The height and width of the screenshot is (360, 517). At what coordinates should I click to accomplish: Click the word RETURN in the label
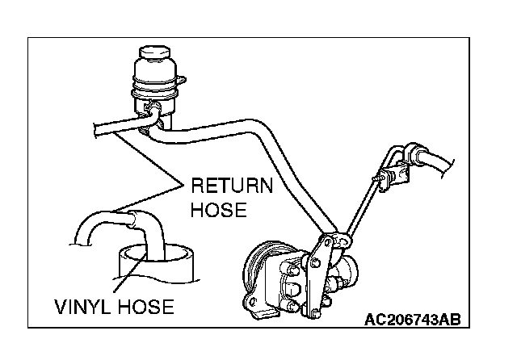click(232, 187)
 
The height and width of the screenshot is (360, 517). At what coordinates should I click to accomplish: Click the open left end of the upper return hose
click(97, 130)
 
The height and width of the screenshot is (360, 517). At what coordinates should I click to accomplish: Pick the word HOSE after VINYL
click(143, 308)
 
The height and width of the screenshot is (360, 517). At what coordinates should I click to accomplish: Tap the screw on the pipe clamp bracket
click(376, 178)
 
